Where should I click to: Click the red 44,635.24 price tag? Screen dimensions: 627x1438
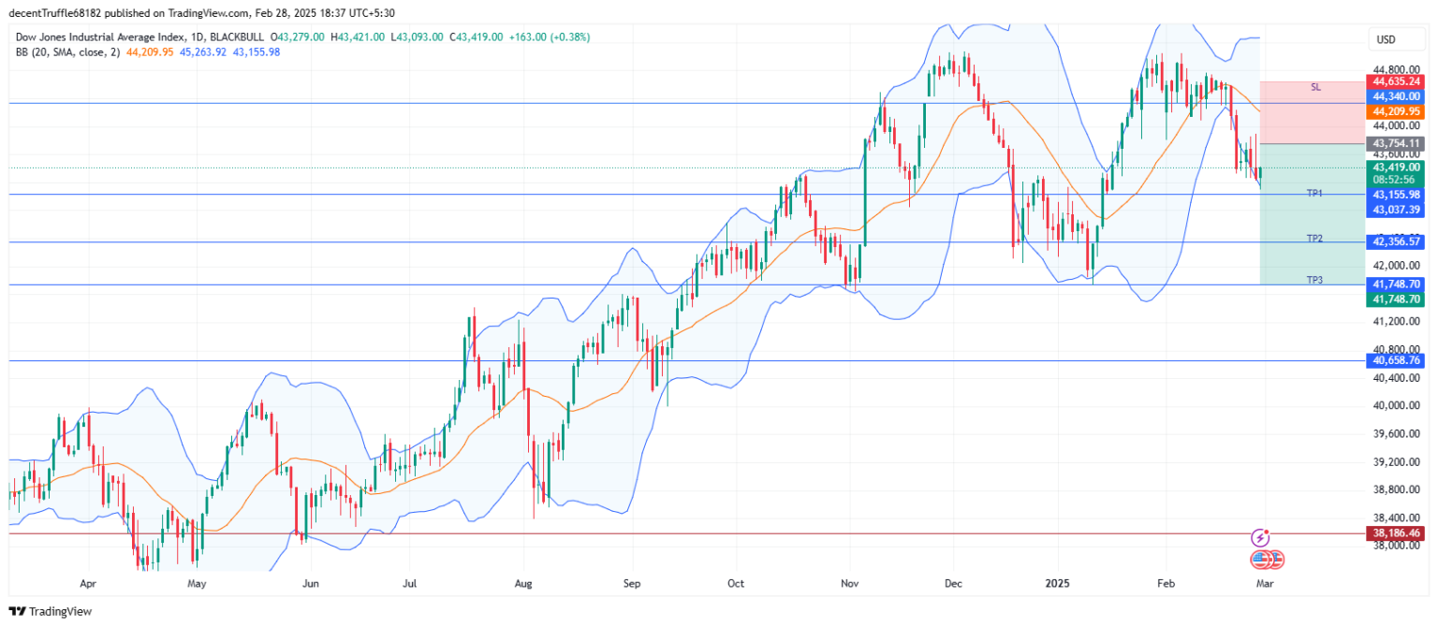click(x=1396, y=81)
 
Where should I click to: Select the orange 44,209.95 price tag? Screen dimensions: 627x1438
click(x=1396, y=110)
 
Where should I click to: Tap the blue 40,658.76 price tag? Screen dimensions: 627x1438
click(x=1396, y=360)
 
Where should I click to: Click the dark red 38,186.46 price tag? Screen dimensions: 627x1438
click(x=1396, y=533)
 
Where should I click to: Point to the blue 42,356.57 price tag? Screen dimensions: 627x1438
click(x=1396, y=241)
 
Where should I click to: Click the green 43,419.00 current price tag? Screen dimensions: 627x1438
click(x=1396, y=168)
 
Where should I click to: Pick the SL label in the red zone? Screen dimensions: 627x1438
click(x=1315, y=87)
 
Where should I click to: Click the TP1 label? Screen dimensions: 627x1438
click(x=1314, y=193)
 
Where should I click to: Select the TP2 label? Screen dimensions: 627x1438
click(x=1314, y=239)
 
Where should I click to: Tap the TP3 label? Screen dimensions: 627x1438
click(x=1314, y=280)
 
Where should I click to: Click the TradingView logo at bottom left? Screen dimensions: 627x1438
click(x=51, y=611)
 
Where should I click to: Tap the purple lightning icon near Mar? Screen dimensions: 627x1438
click(x=1260, y=538)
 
